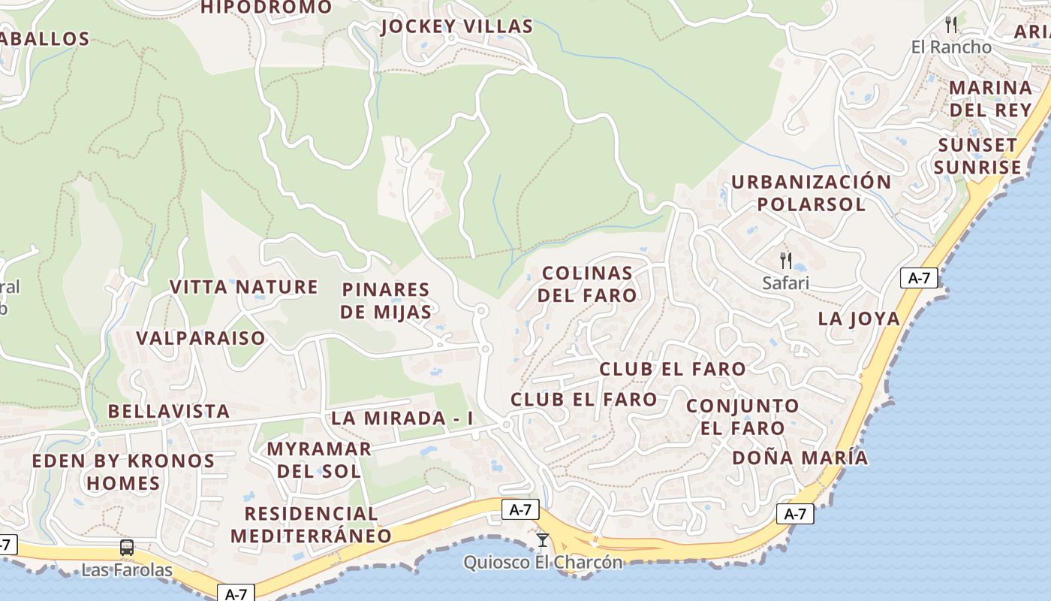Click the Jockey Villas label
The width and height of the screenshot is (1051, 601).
pyautogui.click(x=456, y=27)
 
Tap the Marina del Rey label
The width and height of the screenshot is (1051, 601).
pyautogui.click(x=990, y=98)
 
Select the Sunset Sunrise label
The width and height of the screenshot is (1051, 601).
pyautogui.click(x=978, y=156)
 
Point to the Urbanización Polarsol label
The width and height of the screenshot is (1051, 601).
pyautogui.click(x=811, y=193)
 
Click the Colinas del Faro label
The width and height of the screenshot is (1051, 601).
pyautogui.click(x=587, y=284)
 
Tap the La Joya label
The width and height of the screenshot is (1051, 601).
pyautogui.click(x=859, y=319)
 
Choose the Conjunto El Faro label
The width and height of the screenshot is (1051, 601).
pyautogui.click(x=743, y=417)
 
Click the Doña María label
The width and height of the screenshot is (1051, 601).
pyautogui.click(x=800, y=458)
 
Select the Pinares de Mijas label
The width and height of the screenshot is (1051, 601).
pyautogui.click(x=386, y=300)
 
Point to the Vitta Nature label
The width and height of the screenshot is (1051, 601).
pyautogui.click(x=243, y=287)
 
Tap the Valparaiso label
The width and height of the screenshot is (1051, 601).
pyautogui.click(x=200, y=338)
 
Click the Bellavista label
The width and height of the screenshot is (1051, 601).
pyautogui.click(x=168, y=412)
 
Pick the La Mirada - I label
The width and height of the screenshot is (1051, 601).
pyautogui.click(x=402, y=418)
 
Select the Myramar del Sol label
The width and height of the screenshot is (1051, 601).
pyautogui.click(x=319, y=461)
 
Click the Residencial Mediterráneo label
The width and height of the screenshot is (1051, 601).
pyautogui.click(x=311, y=524)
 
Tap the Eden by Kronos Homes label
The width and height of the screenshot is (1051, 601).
pyautogui.click(x=123, y=472)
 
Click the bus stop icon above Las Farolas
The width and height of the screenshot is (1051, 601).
pyautogui.click(x=127, y=548)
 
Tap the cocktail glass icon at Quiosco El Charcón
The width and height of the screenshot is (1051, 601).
pyautogui.click(x=543, y=540)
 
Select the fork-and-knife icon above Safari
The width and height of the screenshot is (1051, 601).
pyautogui.click(x=786, y=261)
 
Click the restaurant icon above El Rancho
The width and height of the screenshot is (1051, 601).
pyautogui.click(x=951, y=25)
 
